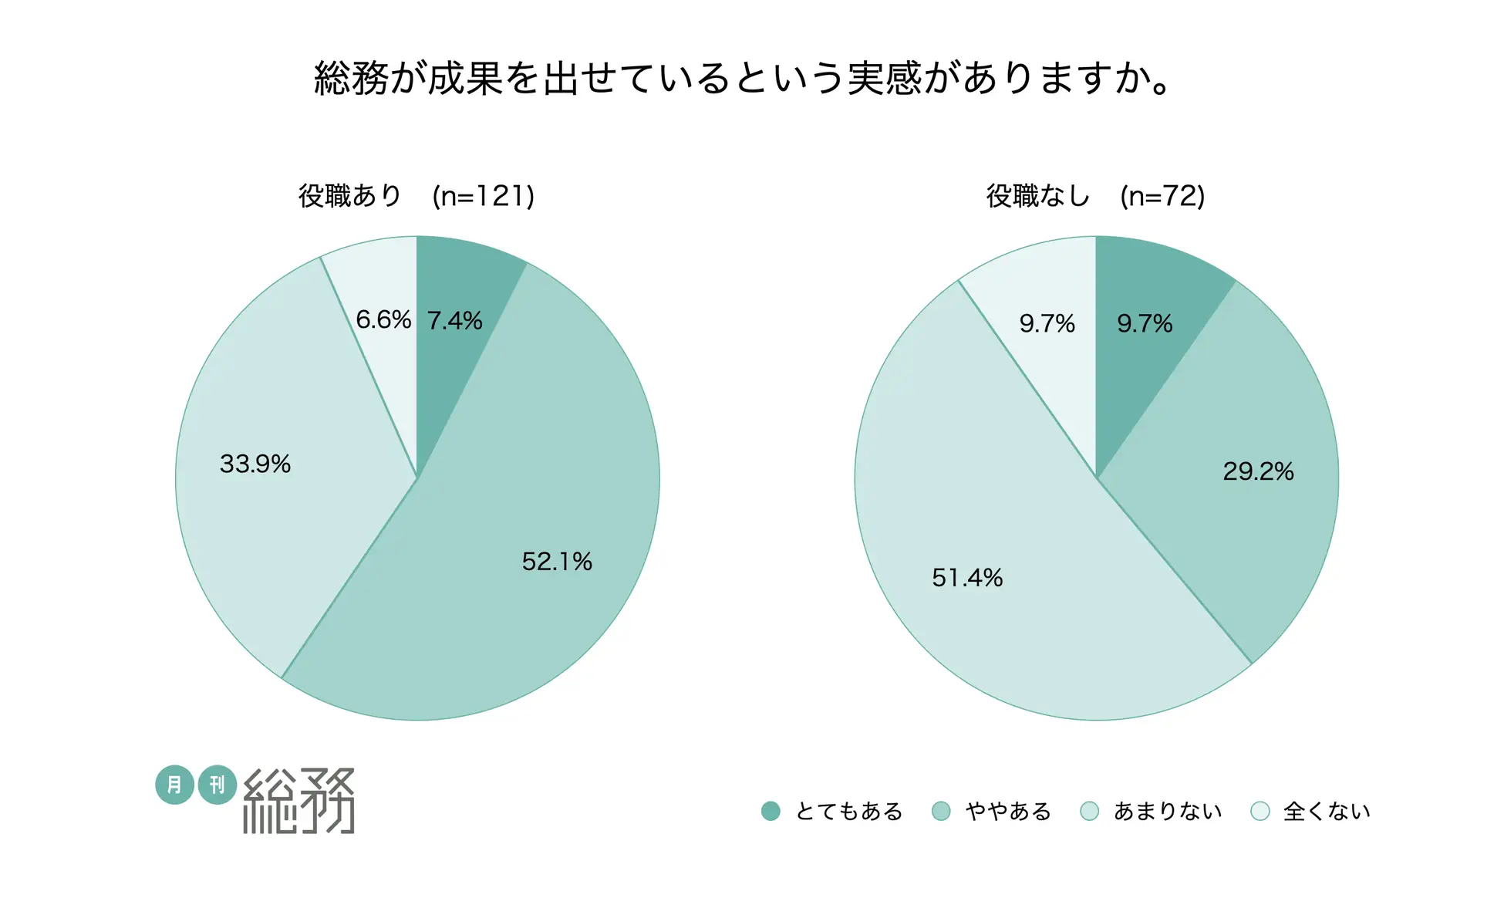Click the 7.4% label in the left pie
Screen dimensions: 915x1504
click(x=454, y=320)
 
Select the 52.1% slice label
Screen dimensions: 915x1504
click(x=557, y=562)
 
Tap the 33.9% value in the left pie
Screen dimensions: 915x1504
click(x=255, y=464)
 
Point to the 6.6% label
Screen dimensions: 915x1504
click(x=383, y=319)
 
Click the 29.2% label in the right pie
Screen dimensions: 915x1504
click(x=1258, y=471)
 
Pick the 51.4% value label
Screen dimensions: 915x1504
click(x=967, y=578)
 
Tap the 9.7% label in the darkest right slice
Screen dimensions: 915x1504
click(x=1145, y=323)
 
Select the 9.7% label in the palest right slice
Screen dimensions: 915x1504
click(x=1047, y=323)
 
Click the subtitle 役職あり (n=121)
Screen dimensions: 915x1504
click(x=416, y=196)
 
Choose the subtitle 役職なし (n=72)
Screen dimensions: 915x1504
click(x=1095, y=196)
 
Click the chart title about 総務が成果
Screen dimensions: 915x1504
click(x=744, y=79)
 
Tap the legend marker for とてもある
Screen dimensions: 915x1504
click(x=771, y=811)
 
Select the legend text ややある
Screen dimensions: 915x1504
click(x=1008, y=812)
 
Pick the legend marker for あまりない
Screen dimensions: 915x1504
click(x=1090, y=811)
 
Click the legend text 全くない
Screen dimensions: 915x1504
click(x=1327, y=812)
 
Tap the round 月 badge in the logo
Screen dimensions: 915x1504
click(x=174, y=785)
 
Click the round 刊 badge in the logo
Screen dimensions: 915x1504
click(x=218, y=785)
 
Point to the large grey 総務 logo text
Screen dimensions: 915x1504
click(x=299, y=801)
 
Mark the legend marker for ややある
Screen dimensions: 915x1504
click(x=941, y=811)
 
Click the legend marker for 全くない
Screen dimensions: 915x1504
click(x=1260, y=811)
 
